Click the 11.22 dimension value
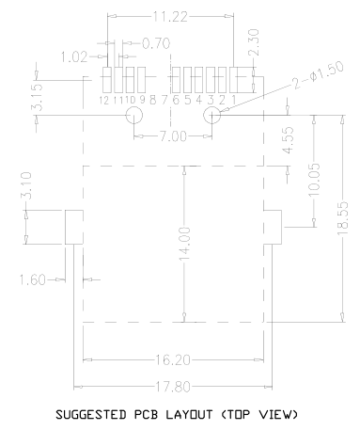(170, 16)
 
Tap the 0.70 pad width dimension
(156, 43)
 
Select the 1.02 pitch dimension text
(74, 57)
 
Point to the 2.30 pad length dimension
(254, 42)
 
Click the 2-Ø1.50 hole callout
(318, 74)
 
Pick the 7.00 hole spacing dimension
(173, 136)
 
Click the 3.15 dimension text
(37, 97)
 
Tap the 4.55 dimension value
(289, 140)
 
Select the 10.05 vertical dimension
(314, 180)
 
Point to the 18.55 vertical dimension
(343, 218)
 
